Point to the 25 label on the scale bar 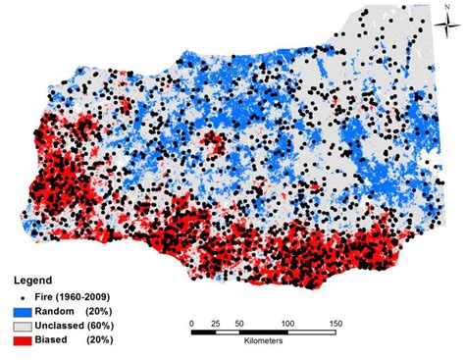pyautogui.click(x=214, y=322)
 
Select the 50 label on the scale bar pyautogui.click(x=238, y=322)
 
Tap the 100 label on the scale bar pyautogui.click(x=287, y=322)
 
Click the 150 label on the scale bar pyautogui.click(x=336, y=322)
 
